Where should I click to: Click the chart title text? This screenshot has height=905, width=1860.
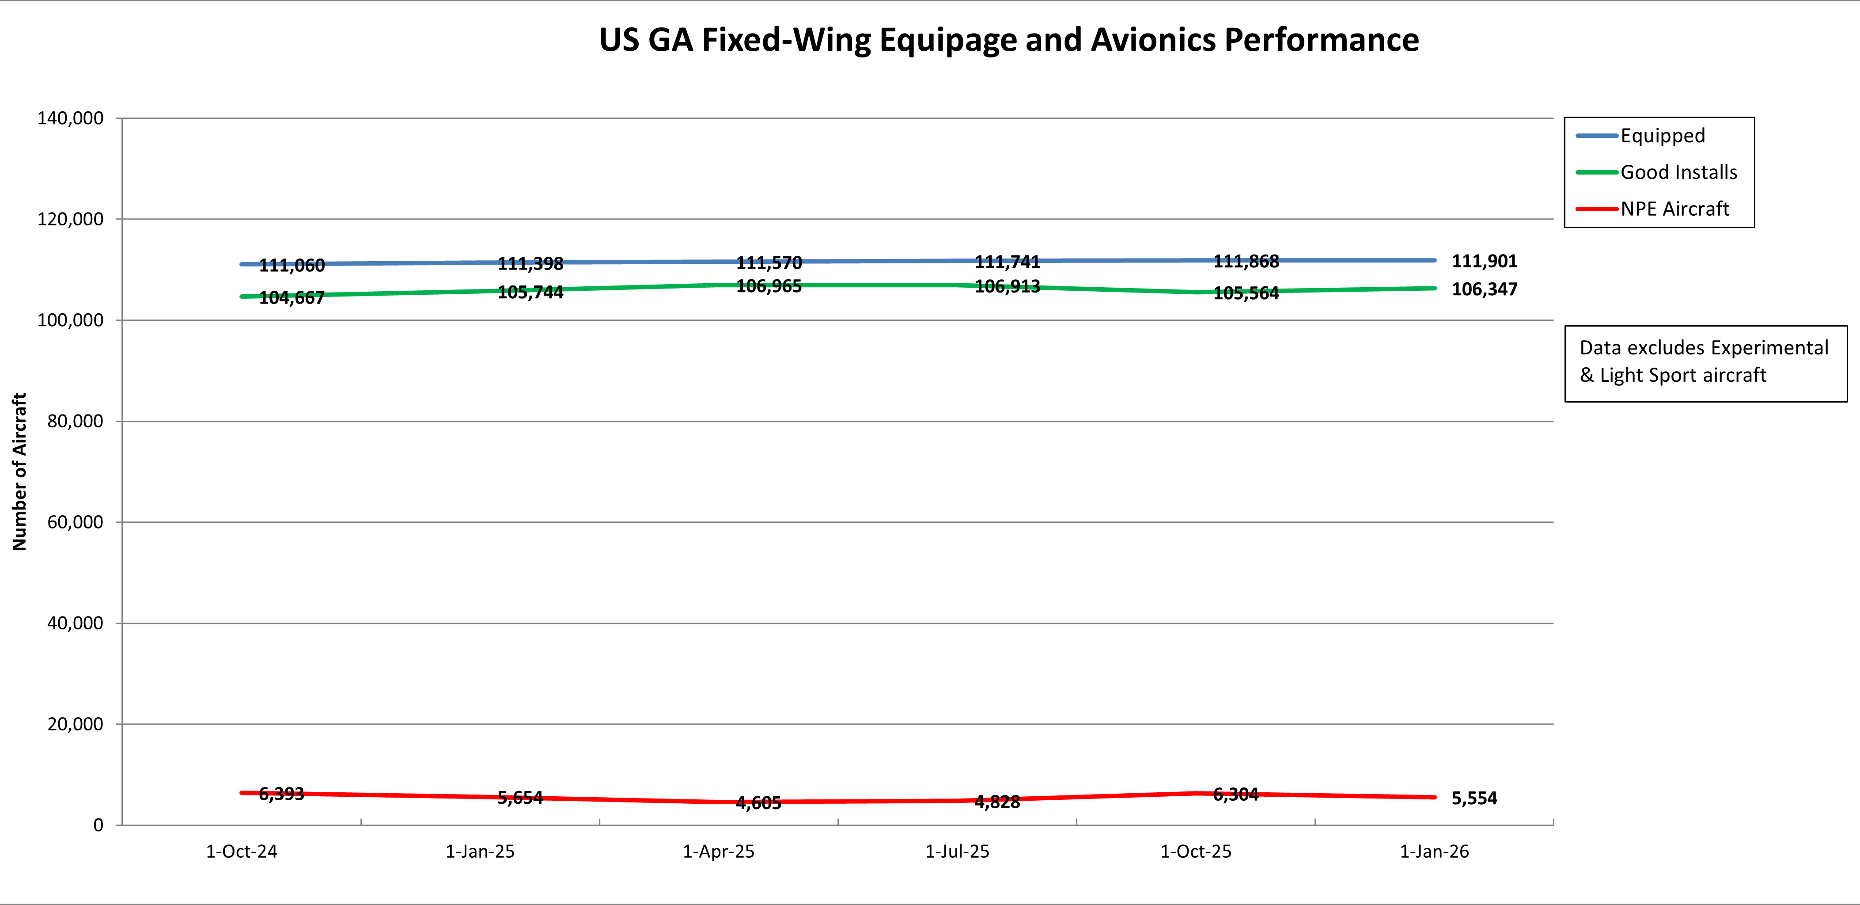1009,41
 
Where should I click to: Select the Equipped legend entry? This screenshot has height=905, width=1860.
1662,136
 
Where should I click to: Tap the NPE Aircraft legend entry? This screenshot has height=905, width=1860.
1674,209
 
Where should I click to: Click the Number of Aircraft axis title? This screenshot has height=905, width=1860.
19,472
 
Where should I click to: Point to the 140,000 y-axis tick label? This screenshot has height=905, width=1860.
70,118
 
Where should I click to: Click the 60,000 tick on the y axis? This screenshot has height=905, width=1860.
75,522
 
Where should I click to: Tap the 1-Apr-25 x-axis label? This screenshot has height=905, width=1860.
719,852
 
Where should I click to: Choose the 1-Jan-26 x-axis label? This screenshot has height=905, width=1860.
1434,852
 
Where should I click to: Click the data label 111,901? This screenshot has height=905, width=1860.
1485,262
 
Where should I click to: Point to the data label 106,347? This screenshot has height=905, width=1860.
1485,289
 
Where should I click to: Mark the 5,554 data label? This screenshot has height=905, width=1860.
1474,798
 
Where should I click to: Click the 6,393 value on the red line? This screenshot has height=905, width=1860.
282,794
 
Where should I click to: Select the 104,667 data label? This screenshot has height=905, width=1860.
292,297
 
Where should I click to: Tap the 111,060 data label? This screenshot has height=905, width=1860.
292,266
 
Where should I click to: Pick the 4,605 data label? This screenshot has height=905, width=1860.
758,802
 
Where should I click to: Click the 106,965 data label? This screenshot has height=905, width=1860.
769,287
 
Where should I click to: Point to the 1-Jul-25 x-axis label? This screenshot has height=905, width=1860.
957,852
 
